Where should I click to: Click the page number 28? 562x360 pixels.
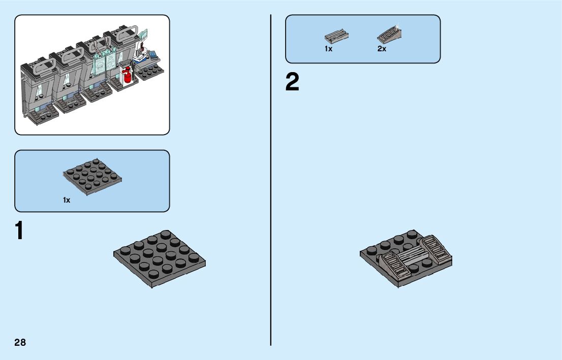click(20, 342)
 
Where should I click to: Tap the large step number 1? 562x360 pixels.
click(19, 231)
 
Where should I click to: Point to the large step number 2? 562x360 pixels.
click(292, 83)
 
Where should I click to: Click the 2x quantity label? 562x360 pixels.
click(382, 49)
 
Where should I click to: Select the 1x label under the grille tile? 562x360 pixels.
click(328, 49)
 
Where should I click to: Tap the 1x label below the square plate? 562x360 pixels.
click(67, 200)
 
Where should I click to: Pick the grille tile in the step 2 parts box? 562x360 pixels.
click(336, 37)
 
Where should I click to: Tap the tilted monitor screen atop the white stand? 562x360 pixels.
click(145, 35)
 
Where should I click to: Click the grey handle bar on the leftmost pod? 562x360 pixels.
click(45, 64)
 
